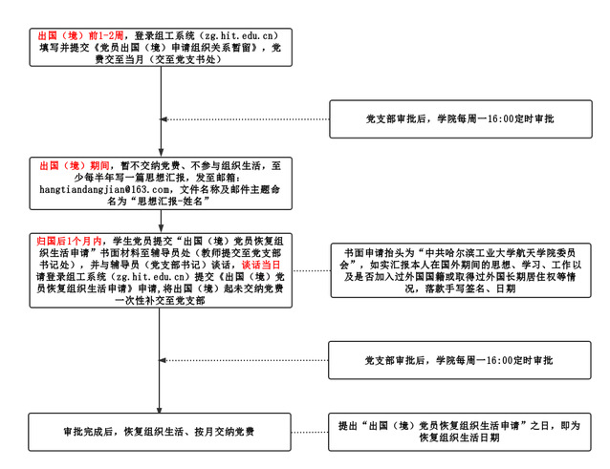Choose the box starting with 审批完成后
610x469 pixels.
(x=161, y=433)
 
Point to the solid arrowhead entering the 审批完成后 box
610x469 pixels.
(x=161, y=408)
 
